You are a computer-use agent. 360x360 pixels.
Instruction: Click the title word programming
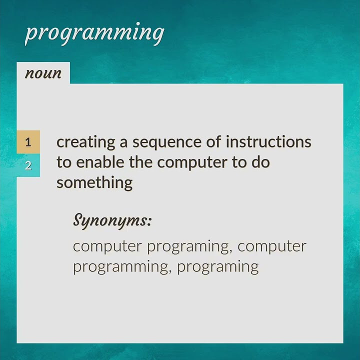coord(94,33)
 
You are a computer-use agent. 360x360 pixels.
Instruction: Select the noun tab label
coord(43,73)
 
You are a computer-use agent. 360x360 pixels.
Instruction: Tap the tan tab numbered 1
coord(28,142)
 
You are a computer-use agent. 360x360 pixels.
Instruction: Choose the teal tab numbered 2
coord(28,165)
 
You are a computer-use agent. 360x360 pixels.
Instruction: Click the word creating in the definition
coord(85,142)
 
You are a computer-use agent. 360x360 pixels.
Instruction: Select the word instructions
coord(268,142)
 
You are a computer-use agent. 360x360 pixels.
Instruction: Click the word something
coord(94,182)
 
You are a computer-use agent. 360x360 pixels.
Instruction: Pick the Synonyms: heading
coord(112,220)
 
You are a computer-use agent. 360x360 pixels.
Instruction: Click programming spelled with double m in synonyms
coord(122,266)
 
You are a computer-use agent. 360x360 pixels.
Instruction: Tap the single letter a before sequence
coord(123,142)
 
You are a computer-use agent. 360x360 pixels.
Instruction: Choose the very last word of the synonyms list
coord(217,266)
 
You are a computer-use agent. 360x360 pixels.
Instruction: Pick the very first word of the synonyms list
coord(107,246)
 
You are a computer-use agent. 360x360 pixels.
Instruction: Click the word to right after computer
coord(239,162)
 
